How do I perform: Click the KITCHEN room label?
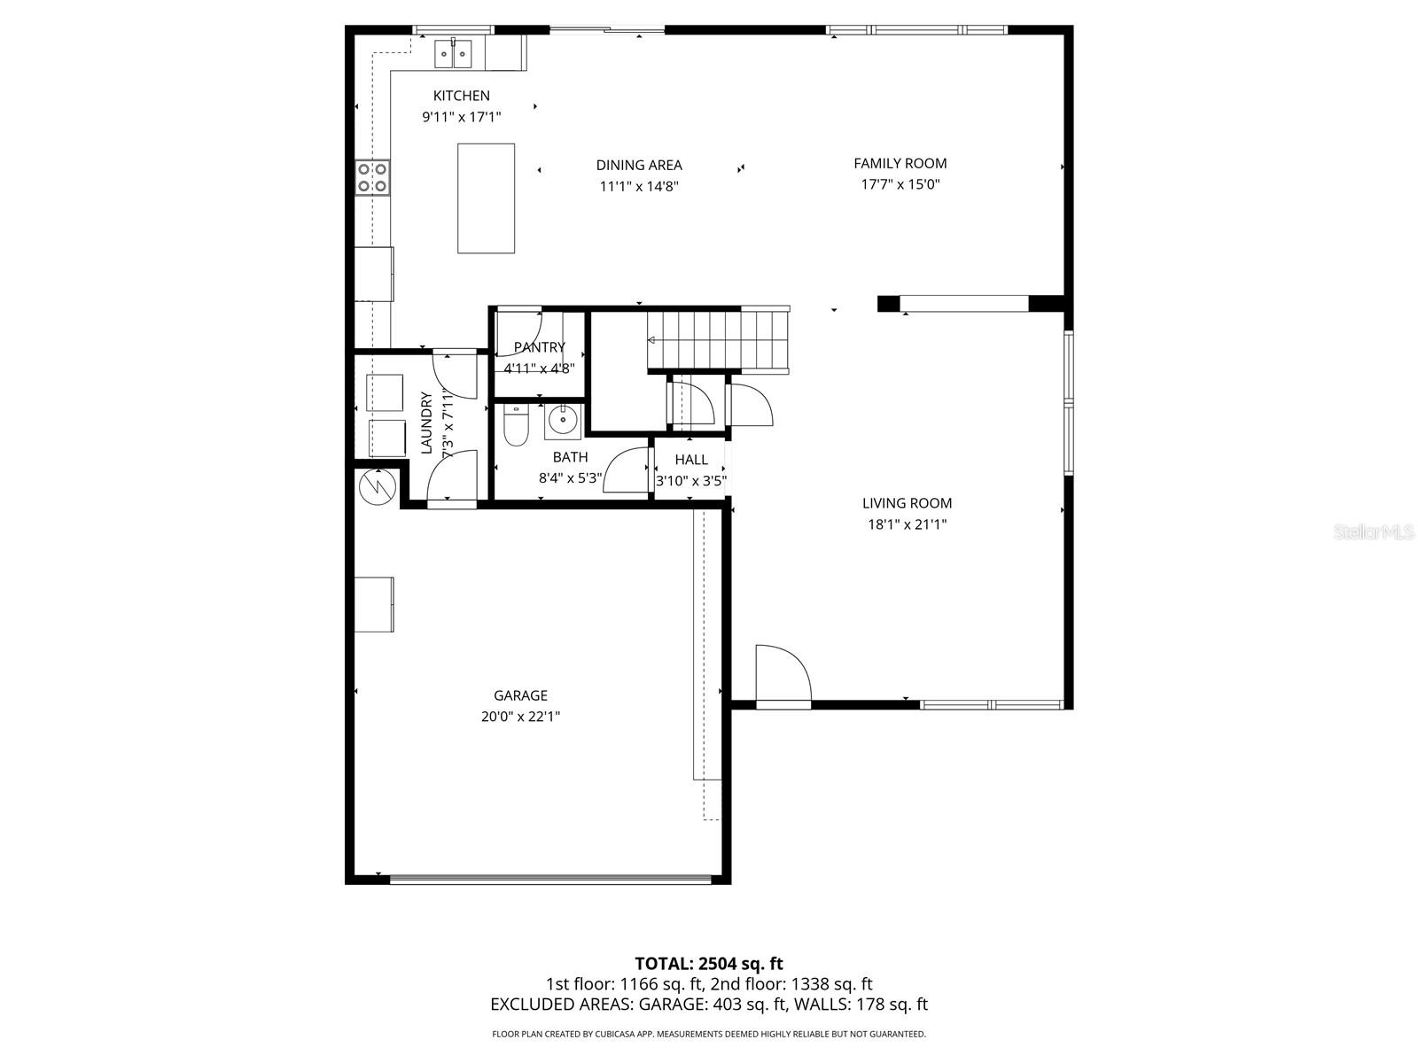coord(461,96)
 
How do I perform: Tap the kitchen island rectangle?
coord(486,198)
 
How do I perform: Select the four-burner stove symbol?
coord(372,177)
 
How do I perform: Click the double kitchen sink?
coord(454,54)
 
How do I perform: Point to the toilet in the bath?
coord(515,426)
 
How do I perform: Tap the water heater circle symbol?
coord(377,486)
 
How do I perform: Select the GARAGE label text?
coord(520,695)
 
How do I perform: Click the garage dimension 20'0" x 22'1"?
coord(520,717)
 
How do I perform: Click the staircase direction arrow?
coord(654,339)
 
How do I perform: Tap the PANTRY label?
coord(539,347)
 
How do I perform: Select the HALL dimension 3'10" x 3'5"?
coord(690,481)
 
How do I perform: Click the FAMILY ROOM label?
coord(900,163)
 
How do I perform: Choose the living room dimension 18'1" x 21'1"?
coord(907,524)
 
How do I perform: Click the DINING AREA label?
coord(638,165)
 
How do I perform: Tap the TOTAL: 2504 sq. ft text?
coord(708,963)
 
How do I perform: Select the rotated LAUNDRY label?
coord(426,423)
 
